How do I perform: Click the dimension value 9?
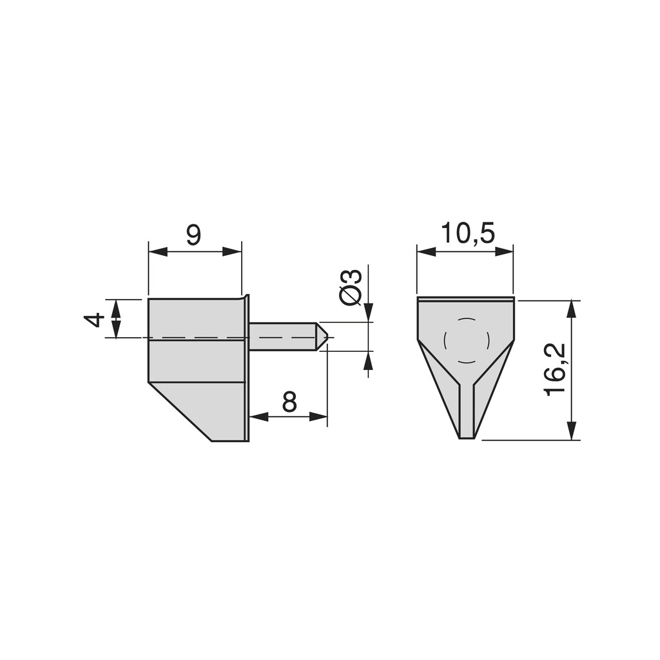tap(193, 235)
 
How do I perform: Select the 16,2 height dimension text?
tap(555, 369)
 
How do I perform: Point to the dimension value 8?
tap(289, 402)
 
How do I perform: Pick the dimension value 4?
tap(95, 319)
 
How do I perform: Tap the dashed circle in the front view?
tap(466, 340)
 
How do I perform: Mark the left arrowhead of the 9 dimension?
tap(157, 251)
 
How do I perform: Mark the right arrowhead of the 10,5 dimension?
tap(504, 251)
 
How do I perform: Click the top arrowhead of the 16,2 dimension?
tap(571, 309)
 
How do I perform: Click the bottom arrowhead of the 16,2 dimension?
tap(571, 431)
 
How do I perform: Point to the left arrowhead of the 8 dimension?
tap(258, 417)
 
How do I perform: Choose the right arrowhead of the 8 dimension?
tap(318, 417)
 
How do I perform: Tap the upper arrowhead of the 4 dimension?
tap(116, 307)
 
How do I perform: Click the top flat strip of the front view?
tap(465, 300)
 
